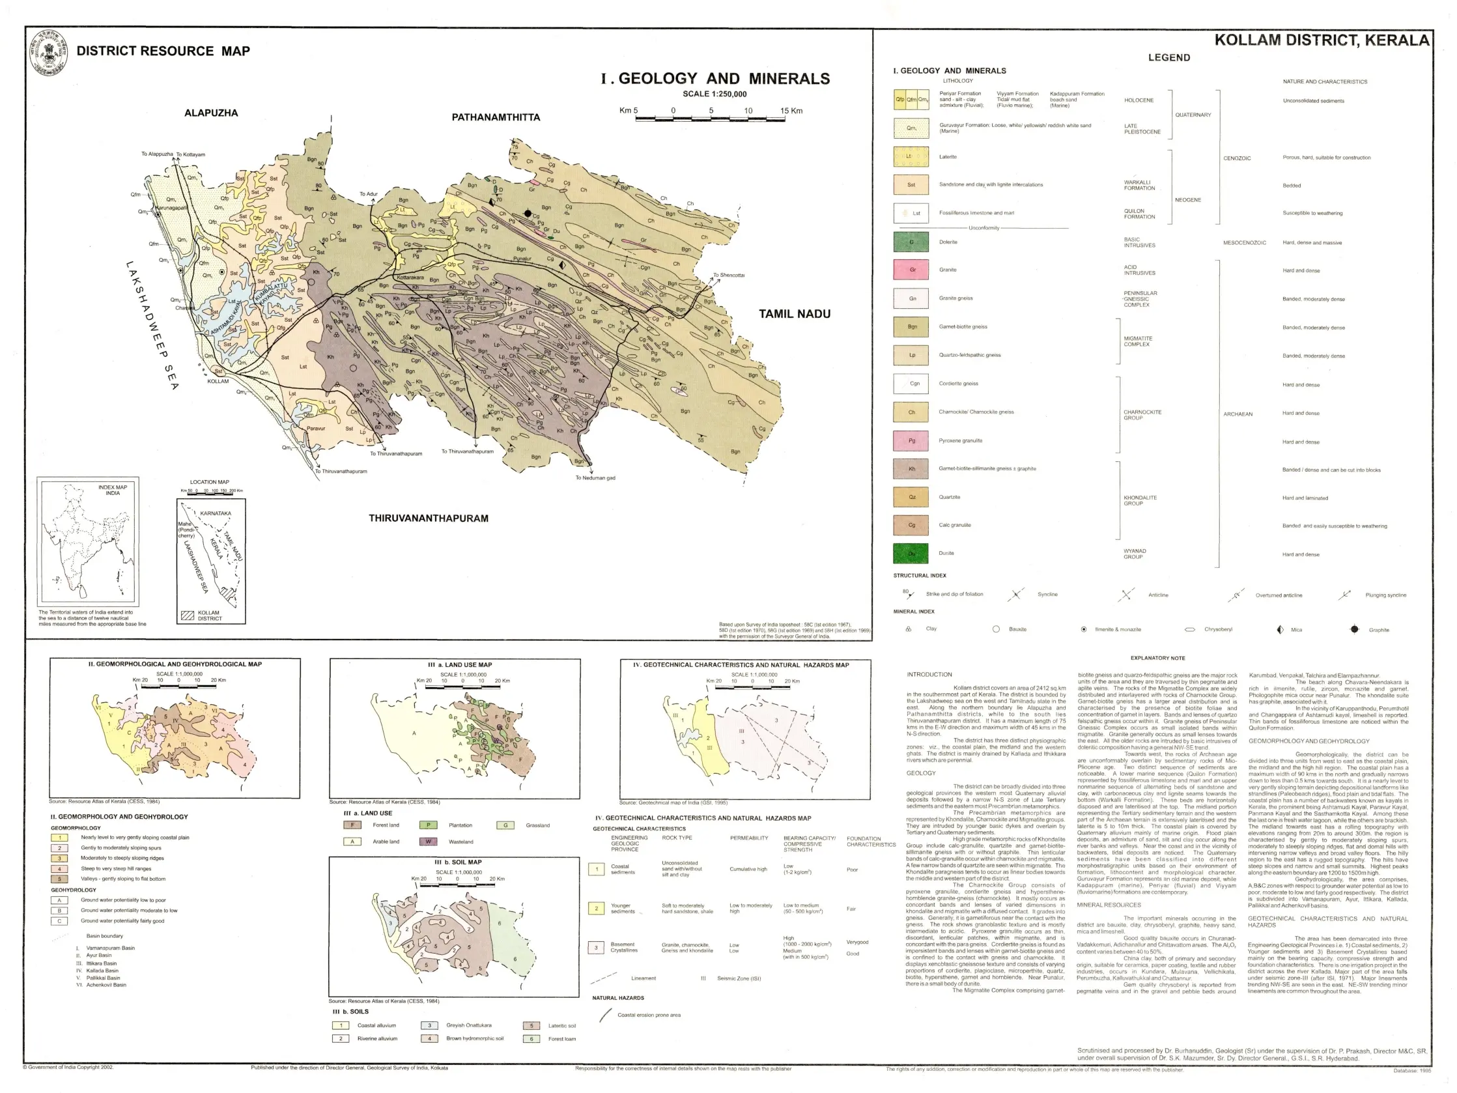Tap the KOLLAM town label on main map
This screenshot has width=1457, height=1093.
(218, 381)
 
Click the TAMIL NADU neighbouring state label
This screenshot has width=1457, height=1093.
(795, 313)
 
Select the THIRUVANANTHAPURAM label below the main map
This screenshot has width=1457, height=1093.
(428, 518)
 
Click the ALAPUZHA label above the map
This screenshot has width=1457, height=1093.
(211, 113)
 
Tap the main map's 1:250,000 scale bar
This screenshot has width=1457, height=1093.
(711, 119)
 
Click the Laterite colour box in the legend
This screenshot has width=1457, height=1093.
(911, 157)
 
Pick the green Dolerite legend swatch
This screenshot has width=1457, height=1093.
(911, 242)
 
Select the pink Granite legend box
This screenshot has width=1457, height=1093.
(911, 270)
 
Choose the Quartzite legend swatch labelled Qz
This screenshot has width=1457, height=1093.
(911, 497)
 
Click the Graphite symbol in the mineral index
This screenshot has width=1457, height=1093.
(1354, 629)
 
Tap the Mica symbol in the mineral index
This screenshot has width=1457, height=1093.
(1280, 629)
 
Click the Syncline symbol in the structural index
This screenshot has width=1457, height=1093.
(1015, 594)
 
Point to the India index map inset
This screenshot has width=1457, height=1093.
(89, 541)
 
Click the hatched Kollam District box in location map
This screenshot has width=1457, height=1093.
(187, 616)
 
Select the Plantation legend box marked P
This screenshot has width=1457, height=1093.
(428, 825)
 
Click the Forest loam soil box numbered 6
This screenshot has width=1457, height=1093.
(531, 1038)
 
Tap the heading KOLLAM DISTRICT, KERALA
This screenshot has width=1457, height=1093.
(1322, 40)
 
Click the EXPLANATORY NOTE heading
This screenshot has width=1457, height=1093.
(1157, 657)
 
